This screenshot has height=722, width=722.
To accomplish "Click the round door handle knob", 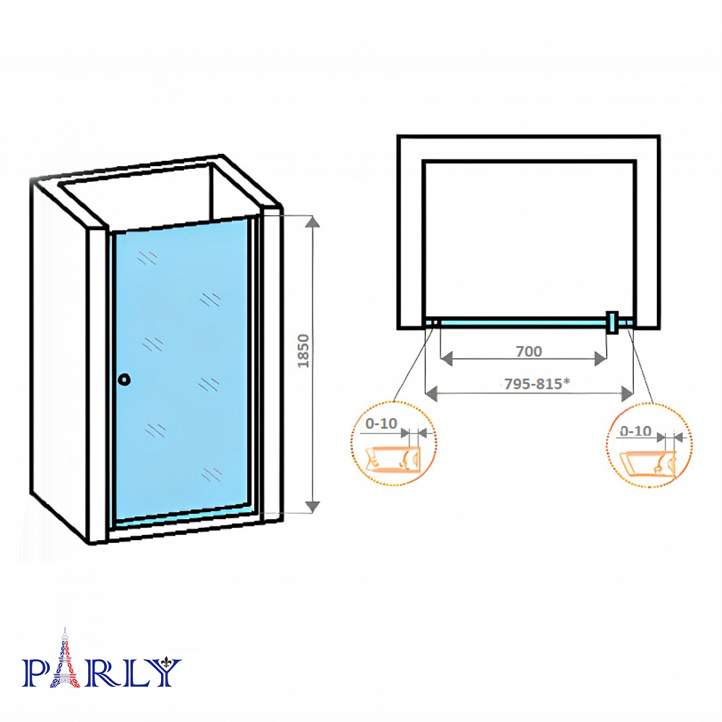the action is coord(124,380).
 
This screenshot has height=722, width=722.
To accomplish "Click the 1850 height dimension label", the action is coord(303,351).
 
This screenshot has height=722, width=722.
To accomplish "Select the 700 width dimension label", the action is coord(529,352).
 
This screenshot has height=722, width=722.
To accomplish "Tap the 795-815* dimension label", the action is coord(537,383).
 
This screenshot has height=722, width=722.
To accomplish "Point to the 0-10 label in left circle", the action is coord(380,423).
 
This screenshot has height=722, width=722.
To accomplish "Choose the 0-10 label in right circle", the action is coord(635,431).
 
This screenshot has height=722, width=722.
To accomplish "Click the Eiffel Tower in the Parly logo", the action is coord(65,658).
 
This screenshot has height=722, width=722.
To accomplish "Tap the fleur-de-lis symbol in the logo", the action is coord(167,664).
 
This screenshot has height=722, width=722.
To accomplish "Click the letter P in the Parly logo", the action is coord(35,673).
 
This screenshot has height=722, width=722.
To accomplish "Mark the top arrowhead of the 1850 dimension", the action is coord(313,222).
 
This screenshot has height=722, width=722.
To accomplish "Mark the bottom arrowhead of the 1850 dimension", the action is coord(313,507).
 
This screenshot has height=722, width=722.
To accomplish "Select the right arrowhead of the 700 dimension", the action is coord(601,359).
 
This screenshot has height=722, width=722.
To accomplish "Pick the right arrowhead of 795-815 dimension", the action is coord(627,393).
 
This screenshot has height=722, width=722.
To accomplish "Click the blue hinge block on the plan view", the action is coord(612,322).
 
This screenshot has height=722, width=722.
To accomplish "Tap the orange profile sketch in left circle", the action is coord(392,459).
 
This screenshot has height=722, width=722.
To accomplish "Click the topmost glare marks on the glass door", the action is coord(147,258).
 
